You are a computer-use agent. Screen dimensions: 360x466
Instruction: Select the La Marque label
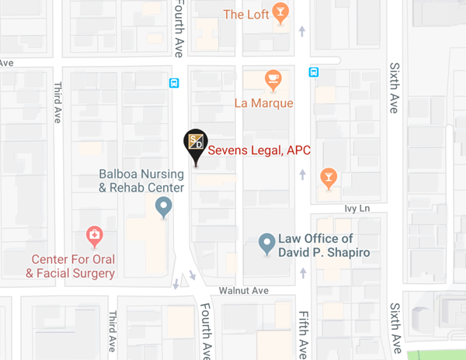click(x=263, y=102)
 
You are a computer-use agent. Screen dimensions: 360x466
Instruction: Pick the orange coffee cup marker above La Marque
click(x=272, y=78)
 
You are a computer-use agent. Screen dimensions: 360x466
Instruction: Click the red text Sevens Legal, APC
click(x=259, y=151)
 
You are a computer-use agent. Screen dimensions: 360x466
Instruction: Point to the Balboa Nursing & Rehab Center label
click(x=141, y=181)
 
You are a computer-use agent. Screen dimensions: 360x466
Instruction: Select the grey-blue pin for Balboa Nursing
click(x=163, y=206)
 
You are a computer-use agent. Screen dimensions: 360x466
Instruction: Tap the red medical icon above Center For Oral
click(x=94, y=235)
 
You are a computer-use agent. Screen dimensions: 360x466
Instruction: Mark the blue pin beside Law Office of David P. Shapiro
click(x=267, y=244)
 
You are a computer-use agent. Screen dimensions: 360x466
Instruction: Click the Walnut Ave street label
click(x=243, y=290)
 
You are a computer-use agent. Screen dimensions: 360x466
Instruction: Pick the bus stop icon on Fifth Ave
click(x=313, y=72)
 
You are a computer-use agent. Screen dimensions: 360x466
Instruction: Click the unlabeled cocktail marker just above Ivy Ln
click(x=329, y=178)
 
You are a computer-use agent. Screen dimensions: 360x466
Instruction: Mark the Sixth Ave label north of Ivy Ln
click(x=395, y=88)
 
